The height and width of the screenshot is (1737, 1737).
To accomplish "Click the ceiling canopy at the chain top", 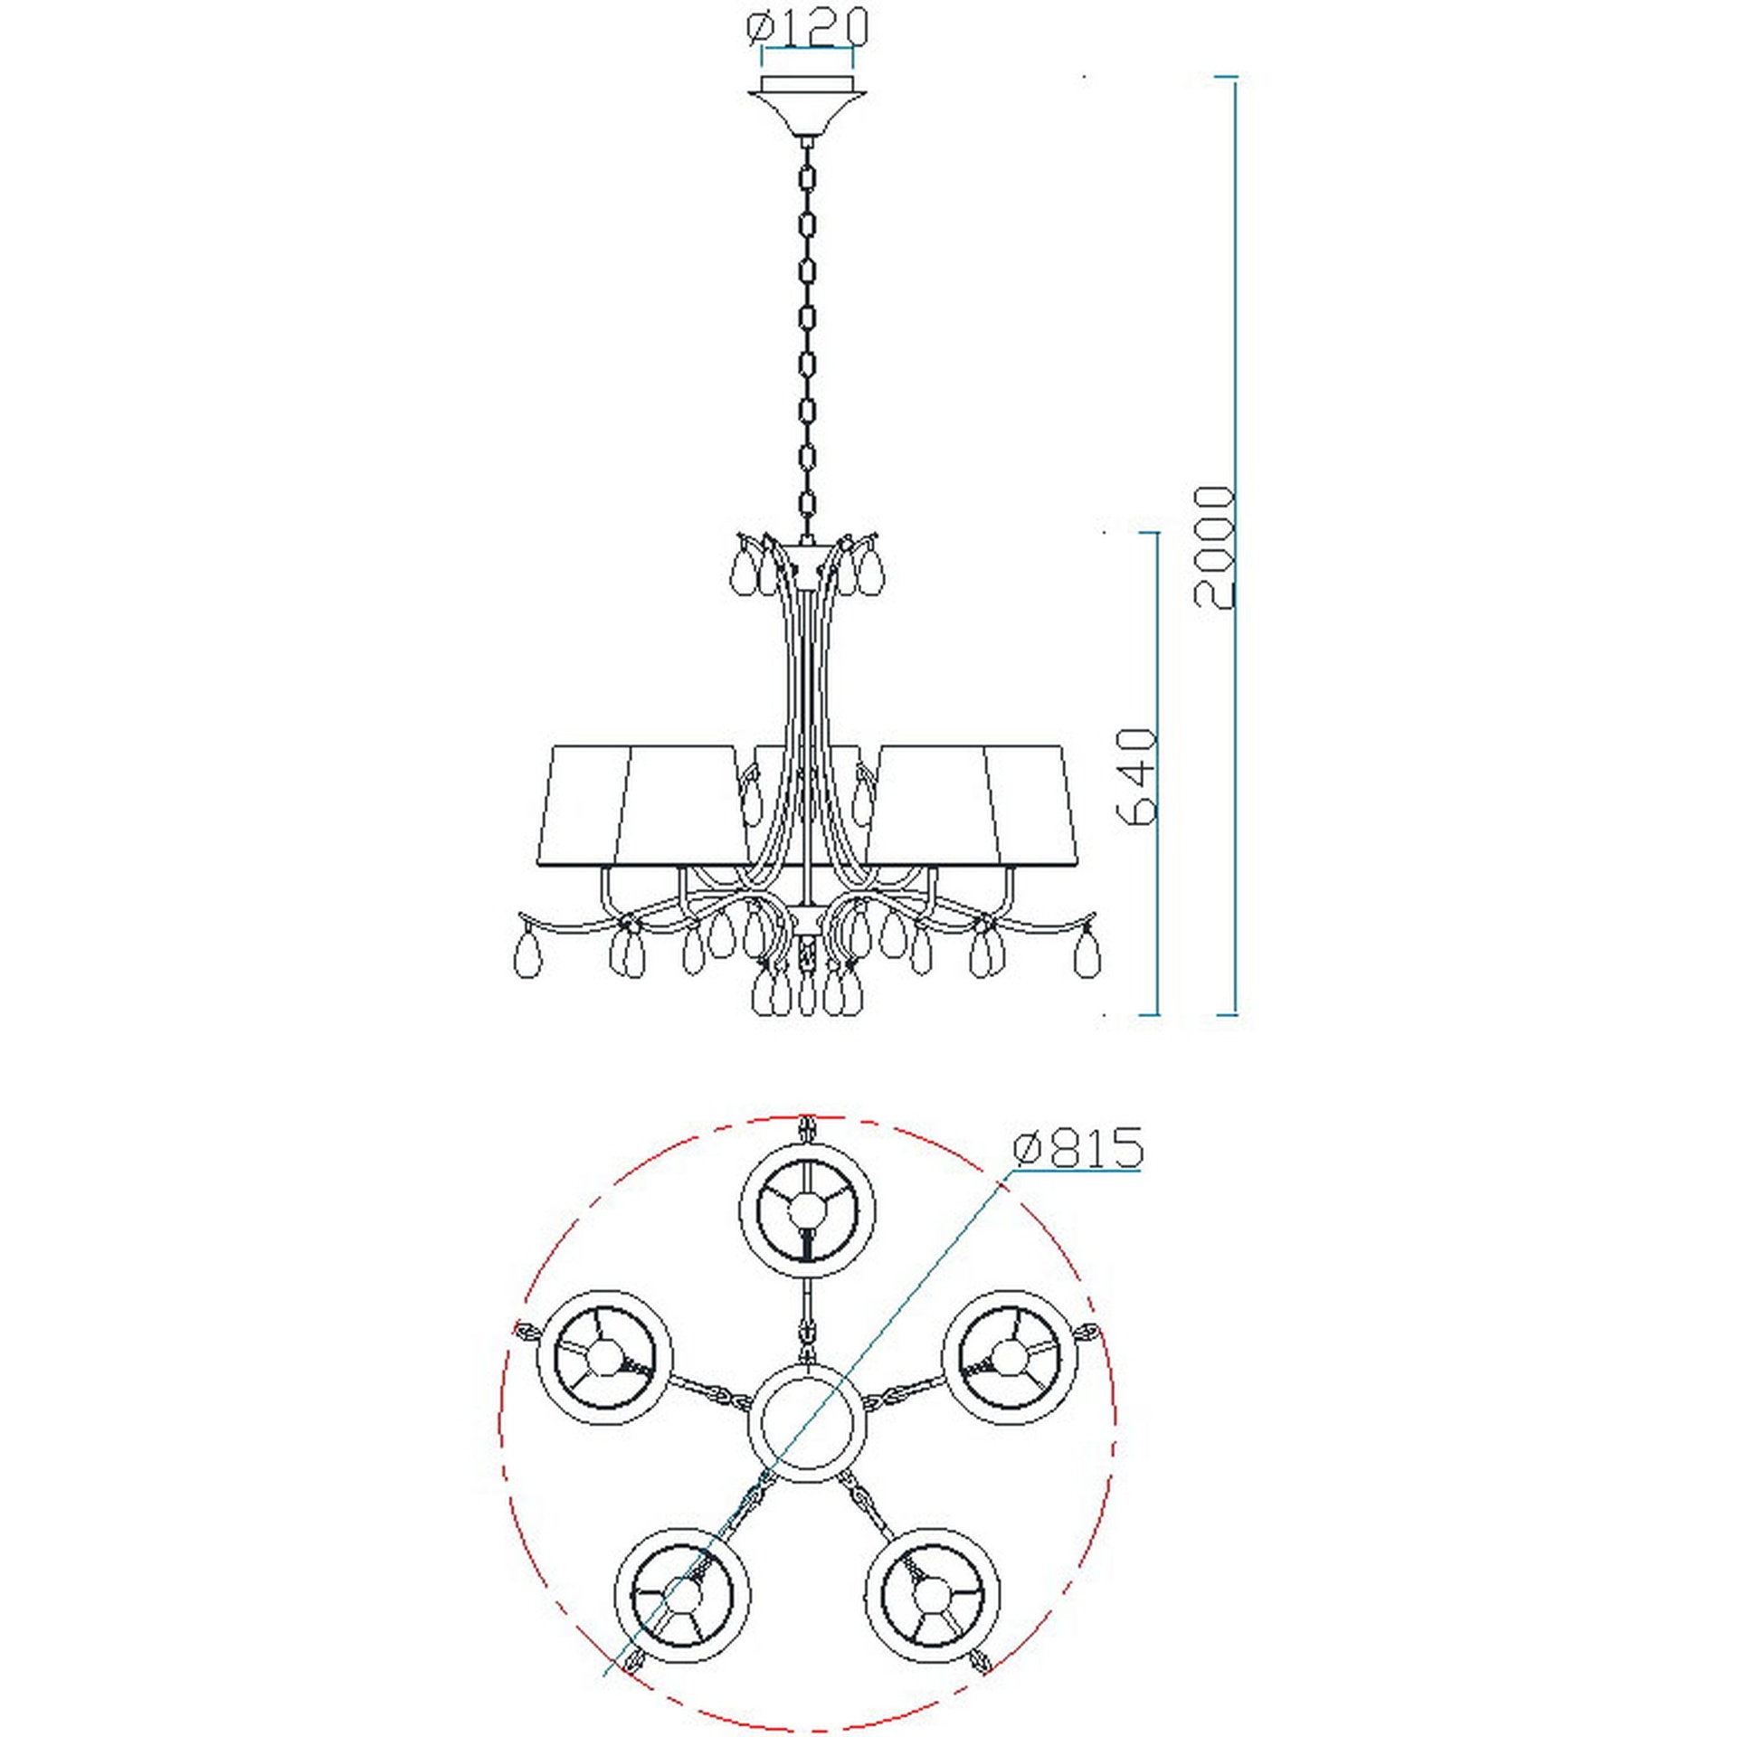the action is [x=807, y=107].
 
